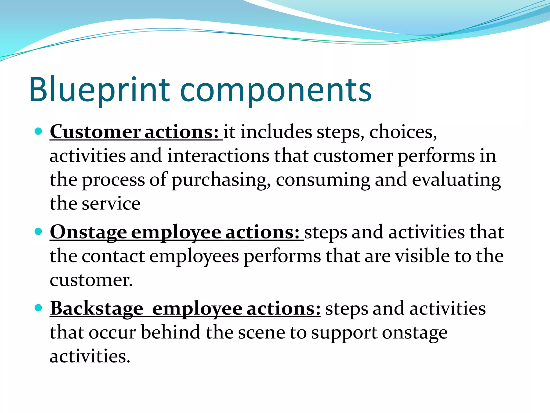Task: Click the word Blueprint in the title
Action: pyautogui.click(x=99, y=90)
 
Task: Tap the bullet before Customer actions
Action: pyautogui.click(x=39, y=131)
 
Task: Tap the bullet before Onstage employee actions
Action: pyautogui.click(x=39, y=232)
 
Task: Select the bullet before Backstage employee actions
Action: pyautogui.click(x=39, y=308)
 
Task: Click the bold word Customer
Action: pyautogui.click(x=95, y=132)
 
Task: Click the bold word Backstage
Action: pyautogui.click(x=97, y=308)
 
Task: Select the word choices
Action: pyautogui.click(x=403, y=132)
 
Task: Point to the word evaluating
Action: pyautogui.click(x=456, y=180)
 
